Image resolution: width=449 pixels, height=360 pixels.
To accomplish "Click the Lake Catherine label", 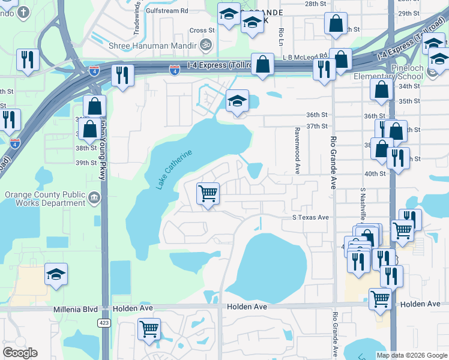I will pyautogui.click(x=175, y=170).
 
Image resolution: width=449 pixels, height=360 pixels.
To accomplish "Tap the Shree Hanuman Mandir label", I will pyautogui.click(x=152, y=46).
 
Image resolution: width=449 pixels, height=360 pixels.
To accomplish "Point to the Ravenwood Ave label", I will pyautogui.click(x=297, y=151).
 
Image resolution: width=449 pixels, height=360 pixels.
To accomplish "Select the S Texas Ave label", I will pyautogui.click(x=311, y=217).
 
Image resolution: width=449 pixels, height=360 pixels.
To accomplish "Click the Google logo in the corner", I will pyautogui.click(x=20, y=353).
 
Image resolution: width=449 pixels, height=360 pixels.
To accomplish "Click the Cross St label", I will pyautogui.click(x=202, y=31).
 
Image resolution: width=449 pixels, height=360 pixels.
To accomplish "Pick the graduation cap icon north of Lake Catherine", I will pyautogui.click(x=237, y=101).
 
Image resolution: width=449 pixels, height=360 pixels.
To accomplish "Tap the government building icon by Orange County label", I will pyautogui.click(x=94, y=197).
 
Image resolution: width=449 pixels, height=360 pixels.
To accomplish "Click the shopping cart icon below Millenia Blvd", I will pyautogui.click(x=148, y=328).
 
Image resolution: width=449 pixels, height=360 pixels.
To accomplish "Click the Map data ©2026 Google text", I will pyautogui.click(x=412, y=355).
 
